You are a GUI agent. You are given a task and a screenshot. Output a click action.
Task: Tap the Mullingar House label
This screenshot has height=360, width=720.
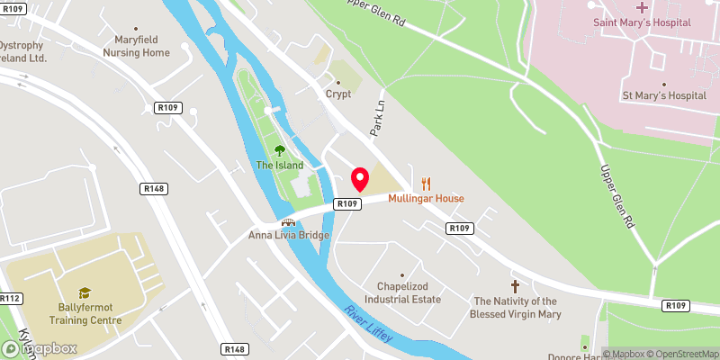click(x=426, y=198)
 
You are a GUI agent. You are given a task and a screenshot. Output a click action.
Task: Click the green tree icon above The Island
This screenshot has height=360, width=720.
click(x=279, y=150)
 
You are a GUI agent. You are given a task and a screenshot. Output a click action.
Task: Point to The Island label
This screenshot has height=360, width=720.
click(x=279, y=166)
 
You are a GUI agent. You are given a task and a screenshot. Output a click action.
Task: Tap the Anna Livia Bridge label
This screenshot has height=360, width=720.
click(x=289, y=236)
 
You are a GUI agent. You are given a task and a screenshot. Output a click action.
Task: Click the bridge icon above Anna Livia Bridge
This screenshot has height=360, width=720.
click(x=289, y=221)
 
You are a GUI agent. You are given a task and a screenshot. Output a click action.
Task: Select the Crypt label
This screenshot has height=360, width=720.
click(x=337, y=94)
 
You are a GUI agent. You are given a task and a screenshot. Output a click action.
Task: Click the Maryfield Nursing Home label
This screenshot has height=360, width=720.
click(x=142, y=46)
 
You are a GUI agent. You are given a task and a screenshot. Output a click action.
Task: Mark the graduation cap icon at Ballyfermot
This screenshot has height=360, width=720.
click(x=85, y=292)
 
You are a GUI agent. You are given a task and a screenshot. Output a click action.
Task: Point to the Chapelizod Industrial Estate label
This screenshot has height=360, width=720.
click(x=402, y=292)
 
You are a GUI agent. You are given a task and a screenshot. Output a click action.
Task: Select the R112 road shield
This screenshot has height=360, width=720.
click(x=11, y=298)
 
